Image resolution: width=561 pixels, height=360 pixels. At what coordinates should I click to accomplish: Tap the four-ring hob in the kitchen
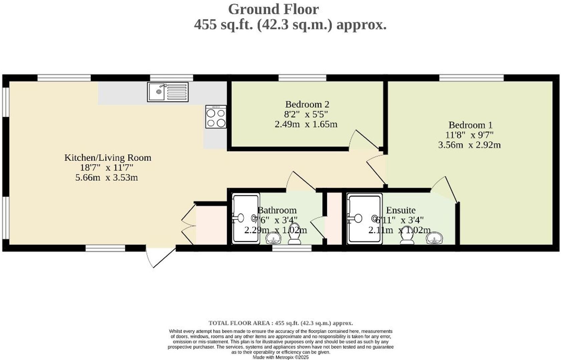click(216, 117)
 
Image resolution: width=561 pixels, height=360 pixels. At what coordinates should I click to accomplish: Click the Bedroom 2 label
click(307, 105)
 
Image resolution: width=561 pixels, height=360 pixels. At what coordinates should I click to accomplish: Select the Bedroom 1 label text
click(470, 125)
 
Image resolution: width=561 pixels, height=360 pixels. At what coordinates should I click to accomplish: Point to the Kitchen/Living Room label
click(108, 158)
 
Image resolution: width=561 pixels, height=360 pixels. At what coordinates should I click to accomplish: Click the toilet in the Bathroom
click(295, 234)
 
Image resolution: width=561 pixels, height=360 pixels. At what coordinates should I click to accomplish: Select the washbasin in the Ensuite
click(435, 238)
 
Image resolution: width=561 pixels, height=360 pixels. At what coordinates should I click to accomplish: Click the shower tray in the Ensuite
click(364, 219)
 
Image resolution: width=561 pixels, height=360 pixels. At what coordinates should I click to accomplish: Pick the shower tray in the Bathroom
click(246, 219)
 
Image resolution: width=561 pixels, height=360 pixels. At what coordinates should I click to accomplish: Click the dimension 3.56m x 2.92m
click(469, 145)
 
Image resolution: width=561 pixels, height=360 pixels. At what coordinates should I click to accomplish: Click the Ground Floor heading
click(273, 9)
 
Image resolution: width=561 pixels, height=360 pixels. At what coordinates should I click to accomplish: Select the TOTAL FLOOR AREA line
click(280, 323)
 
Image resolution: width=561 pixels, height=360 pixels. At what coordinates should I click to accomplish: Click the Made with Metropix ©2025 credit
click(280, 357)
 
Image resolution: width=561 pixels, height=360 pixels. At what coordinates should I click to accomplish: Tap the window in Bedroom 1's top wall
click(471, 78)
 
